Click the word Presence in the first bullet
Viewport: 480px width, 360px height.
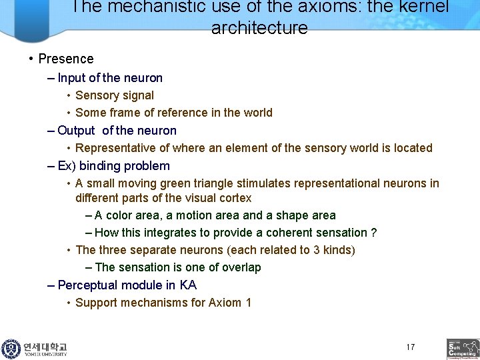tap(66, 59)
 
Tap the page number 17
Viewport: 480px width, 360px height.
tap(410, 347)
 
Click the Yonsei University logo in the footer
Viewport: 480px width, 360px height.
tap(35, 348)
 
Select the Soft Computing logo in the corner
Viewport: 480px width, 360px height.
tap(463, 349)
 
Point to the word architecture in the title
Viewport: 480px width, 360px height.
tap(259, 28)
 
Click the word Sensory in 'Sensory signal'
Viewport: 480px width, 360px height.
tap(96, 95)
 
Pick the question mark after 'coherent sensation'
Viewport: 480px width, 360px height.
tap(373, 233)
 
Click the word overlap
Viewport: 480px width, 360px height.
tap(240, 267)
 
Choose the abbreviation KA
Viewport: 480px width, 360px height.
tap(188, 285)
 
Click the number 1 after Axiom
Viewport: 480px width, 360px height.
tap(248, 303)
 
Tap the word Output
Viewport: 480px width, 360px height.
tap(76, 131)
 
